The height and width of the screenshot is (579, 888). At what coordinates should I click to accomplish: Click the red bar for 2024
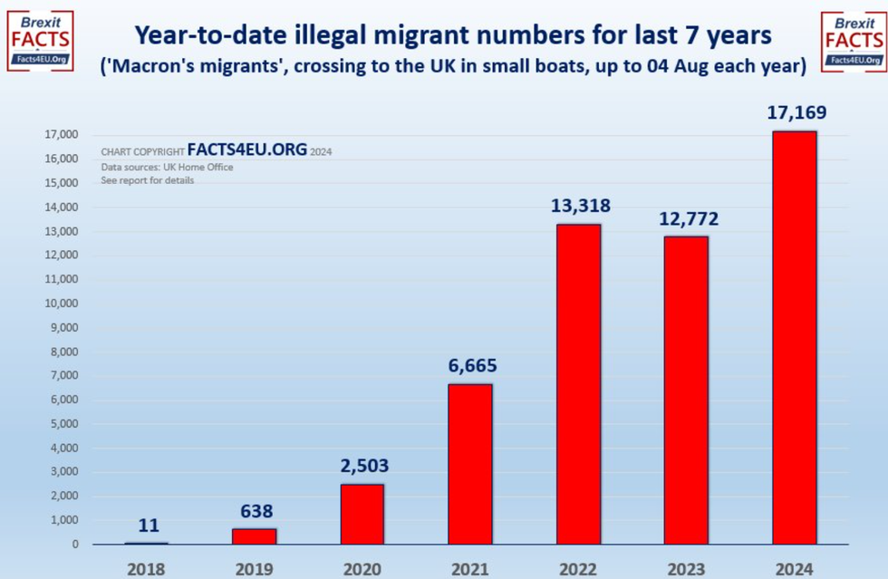coord(794,337)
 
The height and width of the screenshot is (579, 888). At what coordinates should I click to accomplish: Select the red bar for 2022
coord(578,384)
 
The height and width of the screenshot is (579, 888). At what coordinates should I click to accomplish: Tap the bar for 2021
coord(470,464)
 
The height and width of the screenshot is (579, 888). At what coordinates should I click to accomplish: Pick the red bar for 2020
coord(362,514)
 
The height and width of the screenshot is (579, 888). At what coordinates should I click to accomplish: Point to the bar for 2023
coord(686,390)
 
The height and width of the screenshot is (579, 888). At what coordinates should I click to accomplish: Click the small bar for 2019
coord(255,536)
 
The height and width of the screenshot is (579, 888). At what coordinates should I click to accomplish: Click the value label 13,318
coord(580,206)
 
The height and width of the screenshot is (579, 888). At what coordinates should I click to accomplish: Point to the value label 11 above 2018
coord(148,525)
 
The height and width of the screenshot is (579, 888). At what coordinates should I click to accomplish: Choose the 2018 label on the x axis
coord(148,568)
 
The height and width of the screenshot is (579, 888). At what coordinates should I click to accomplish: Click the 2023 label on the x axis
coord(686,568)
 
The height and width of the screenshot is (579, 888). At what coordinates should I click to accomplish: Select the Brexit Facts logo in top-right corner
coord(853,39)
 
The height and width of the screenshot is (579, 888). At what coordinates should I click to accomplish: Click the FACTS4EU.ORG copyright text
coord(246,150)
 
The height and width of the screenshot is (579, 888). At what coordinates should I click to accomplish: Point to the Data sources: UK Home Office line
coord(167,167)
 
